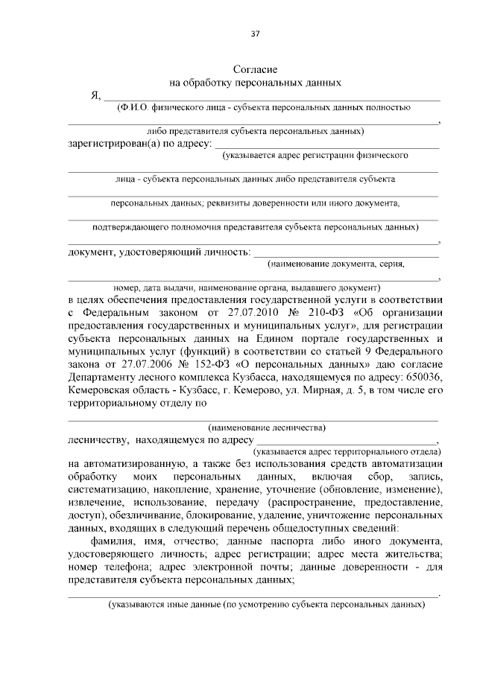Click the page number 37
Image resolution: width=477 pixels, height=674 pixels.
255,34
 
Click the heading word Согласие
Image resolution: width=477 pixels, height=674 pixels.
256,69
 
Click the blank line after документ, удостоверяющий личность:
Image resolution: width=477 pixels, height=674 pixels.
346,255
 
